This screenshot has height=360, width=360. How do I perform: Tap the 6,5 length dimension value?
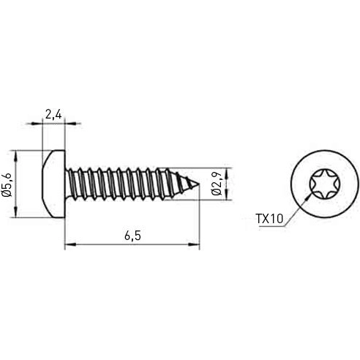click(132, 235)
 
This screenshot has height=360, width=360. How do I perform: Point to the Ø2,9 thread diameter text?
click(217, 184)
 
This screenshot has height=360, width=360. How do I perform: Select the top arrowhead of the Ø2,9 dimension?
click(228, 172)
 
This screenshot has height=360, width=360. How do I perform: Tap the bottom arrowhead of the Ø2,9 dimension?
click(228, 195)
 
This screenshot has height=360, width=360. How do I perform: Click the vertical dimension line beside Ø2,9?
click(228, 184)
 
